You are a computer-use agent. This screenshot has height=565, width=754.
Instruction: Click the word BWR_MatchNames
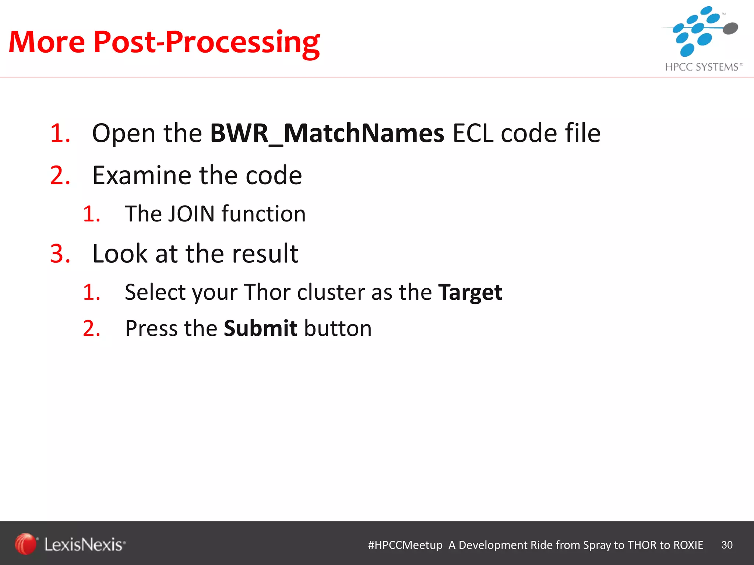327,133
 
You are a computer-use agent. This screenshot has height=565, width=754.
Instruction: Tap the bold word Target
470,292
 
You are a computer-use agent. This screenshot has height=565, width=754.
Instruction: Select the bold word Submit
260,328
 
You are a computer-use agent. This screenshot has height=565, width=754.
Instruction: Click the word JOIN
191,214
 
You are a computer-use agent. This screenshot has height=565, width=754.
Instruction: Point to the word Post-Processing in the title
207,42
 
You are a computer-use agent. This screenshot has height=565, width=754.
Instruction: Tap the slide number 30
727,545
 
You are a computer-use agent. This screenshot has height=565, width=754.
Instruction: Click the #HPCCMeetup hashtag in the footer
405,545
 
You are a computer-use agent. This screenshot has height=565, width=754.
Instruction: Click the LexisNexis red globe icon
25,544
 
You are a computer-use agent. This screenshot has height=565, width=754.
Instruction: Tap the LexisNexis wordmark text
85,544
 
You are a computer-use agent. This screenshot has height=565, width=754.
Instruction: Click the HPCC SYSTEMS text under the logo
702,67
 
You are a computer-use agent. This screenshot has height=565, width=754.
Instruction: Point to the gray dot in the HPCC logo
730,28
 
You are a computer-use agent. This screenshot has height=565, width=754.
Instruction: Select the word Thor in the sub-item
268,292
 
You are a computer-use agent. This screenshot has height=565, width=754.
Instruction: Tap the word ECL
472,133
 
